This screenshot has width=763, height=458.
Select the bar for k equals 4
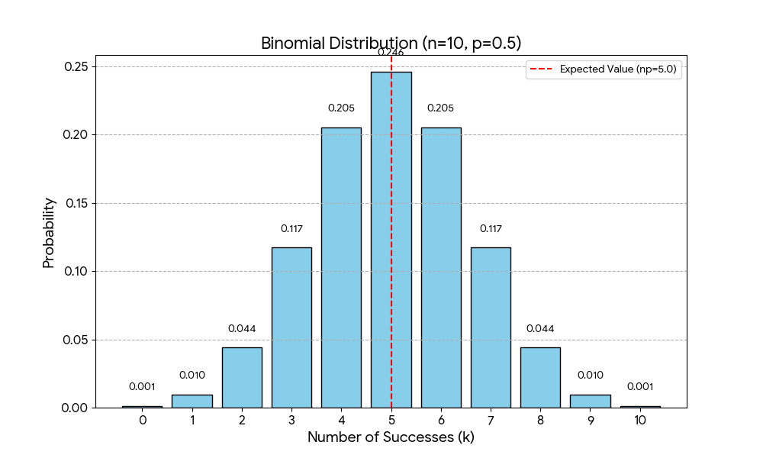pyautogui.click(x=341, y=267)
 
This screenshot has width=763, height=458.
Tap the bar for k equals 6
pyautogui.click(x=441, y=267)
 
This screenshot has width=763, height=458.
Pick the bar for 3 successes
pyautogui.click(x=291, y=327)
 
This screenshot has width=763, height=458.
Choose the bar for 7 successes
pyautogui.click(x=491, y=327)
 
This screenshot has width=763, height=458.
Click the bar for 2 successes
pyautogui.click(x=242, y=377)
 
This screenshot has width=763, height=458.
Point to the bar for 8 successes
pyautogui.click(x=540, y=377)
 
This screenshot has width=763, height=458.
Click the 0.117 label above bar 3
pyautogui.click(x=291, y=228)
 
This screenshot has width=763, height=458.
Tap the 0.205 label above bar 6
pyautogui.click(x=441, y=108)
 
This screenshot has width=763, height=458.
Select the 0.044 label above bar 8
pyautogui.click(x=540, y=329)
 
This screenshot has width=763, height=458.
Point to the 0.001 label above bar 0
pyautogui.click(x=142, y=387)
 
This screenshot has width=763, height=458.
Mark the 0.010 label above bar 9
pyautogui.click(x=590, y=375)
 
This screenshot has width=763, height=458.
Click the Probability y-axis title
pyautogui.click(x=49, y=233)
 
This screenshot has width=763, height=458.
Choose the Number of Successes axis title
pyautogui.click(x=391, y=437)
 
